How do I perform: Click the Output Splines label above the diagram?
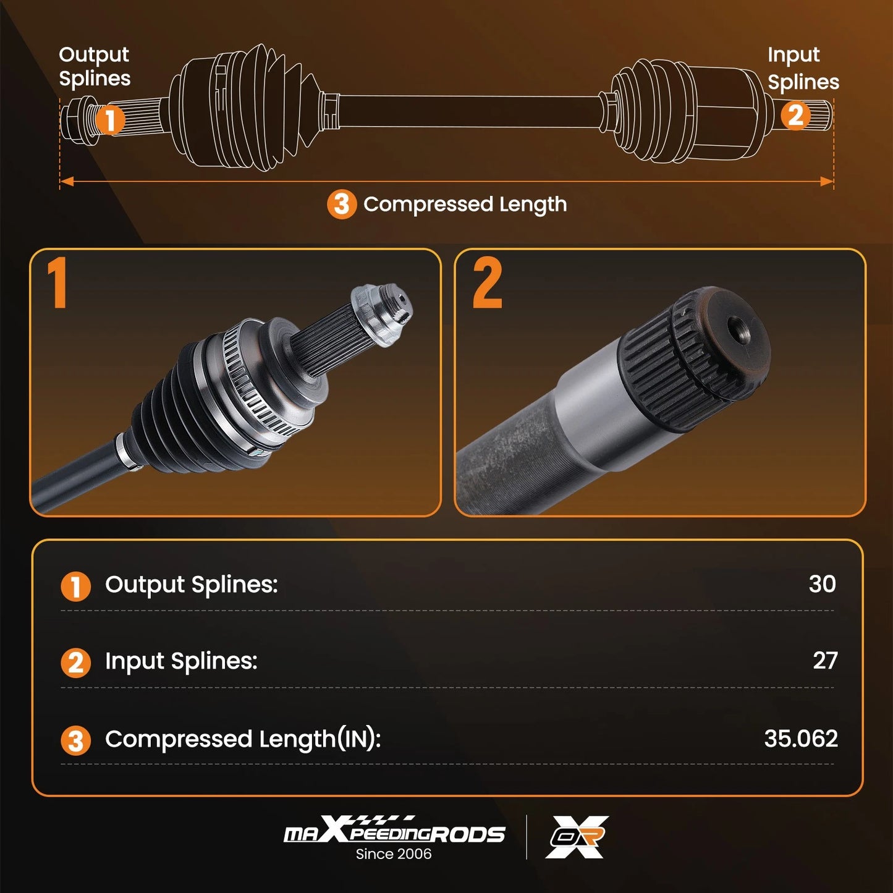(x=95, y=67)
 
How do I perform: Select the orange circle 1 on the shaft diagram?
(x=110, y=120)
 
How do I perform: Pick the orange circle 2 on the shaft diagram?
(x=796, y=115)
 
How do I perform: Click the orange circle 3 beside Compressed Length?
(x=342, y=205)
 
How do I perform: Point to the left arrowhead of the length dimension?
(x=67, y=181)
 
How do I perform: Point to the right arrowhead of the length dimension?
(x=826, y=181)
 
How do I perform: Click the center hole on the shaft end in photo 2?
(x=735, y=331)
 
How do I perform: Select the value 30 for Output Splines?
(x=822, y=584)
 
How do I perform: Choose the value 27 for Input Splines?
(x=825, y=661)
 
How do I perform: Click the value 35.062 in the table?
(x=801, y=739)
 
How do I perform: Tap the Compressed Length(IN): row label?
(x=243, y=739)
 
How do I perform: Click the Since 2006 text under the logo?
(x=394, y=854)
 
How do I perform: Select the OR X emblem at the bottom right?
(x=577, y=837)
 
